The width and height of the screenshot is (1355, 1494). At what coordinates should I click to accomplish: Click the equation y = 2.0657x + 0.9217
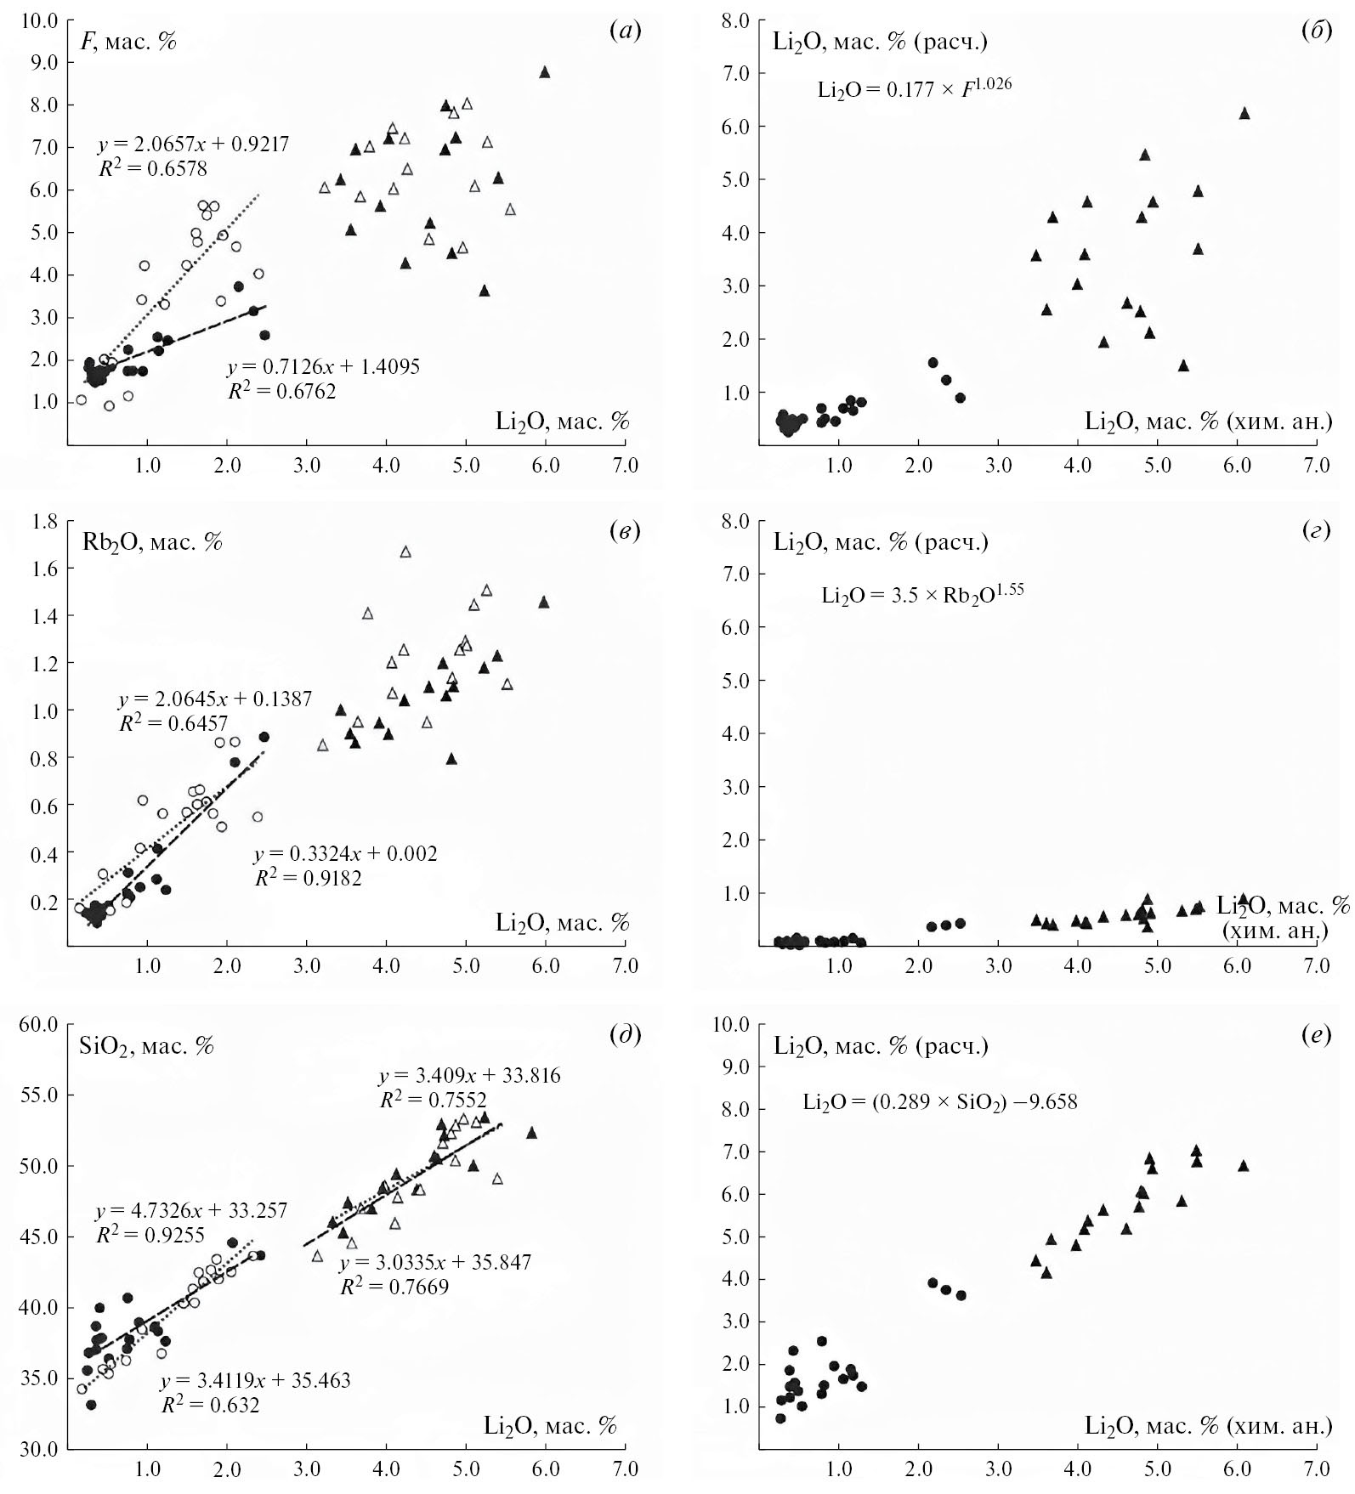click(194, 144)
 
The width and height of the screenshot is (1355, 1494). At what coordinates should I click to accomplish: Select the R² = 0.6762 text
click(281, 391)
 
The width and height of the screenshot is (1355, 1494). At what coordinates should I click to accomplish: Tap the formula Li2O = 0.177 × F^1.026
click(915, 88)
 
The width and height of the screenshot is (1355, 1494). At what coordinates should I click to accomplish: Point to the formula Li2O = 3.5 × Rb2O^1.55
click(922, 594)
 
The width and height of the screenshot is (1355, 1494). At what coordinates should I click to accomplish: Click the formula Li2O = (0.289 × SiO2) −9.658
click(940, 1102)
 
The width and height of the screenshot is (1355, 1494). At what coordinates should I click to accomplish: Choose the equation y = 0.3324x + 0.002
click(345, 853)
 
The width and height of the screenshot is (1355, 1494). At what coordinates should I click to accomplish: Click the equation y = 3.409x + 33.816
click(469, 1076)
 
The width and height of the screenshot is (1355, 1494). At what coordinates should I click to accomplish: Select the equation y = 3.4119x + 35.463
click(255, 1381)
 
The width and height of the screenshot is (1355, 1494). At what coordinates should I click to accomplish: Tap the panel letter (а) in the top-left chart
click(626, 31)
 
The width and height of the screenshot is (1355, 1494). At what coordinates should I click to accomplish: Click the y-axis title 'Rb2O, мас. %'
click(151, 541)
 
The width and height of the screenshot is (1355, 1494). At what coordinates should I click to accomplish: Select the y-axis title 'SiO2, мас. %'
click(145, 1045)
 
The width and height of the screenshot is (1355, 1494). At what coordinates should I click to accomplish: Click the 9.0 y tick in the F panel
click(44, 63)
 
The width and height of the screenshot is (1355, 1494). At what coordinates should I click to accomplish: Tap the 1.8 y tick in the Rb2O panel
click(44, 521)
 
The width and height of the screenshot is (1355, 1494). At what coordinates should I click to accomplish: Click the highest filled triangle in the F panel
click(545, 72)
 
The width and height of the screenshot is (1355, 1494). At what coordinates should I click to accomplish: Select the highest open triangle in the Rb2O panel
click(405, 552)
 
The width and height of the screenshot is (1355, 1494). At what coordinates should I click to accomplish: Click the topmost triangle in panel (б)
click(1244, 113)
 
